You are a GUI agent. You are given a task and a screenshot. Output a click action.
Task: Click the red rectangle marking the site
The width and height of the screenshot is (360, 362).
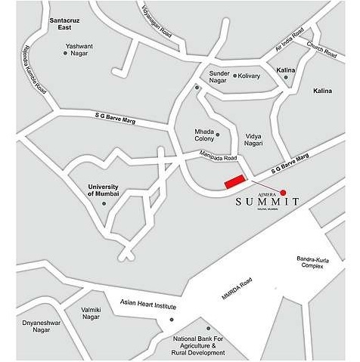236,181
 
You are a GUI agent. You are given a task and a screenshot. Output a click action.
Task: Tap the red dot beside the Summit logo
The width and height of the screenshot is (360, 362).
284,192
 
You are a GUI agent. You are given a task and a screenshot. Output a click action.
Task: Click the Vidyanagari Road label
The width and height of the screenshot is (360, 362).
157,20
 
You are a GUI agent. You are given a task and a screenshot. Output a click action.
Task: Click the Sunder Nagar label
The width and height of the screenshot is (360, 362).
219,76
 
